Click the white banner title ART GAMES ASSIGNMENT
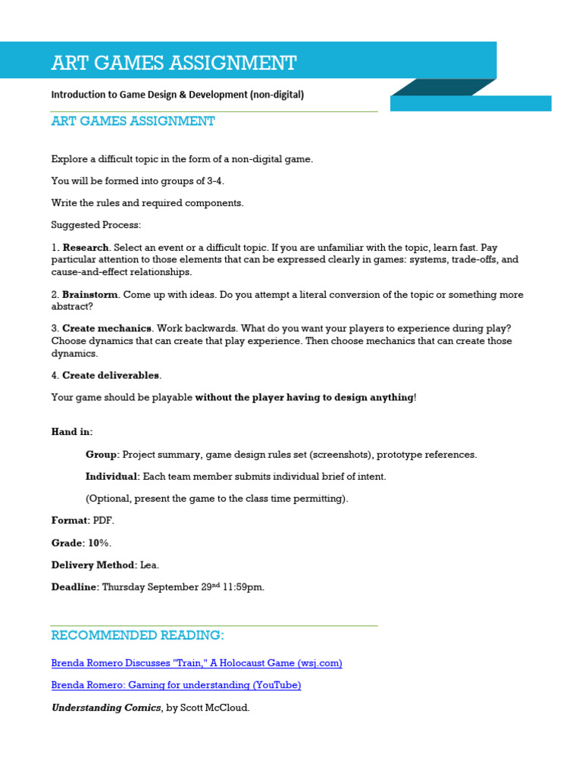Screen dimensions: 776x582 pos(174,62)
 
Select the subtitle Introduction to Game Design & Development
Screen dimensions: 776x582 pos(177,95)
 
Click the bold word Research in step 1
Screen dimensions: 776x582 pos(86,247)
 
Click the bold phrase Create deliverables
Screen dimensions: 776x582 pos(111,375)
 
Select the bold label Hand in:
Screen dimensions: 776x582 pos(72,431)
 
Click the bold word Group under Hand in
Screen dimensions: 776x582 pos(102,455)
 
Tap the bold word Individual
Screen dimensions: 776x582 pos(111,477)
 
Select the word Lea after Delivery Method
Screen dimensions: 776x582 pos(150,565)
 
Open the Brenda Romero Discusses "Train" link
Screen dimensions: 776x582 pos(196,663)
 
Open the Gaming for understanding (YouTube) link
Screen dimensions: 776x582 pos(176,685)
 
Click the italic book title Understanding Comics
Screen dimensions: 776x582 pos(105,707)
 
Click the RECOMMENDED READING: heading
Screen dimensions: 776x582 pos(137,635)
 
